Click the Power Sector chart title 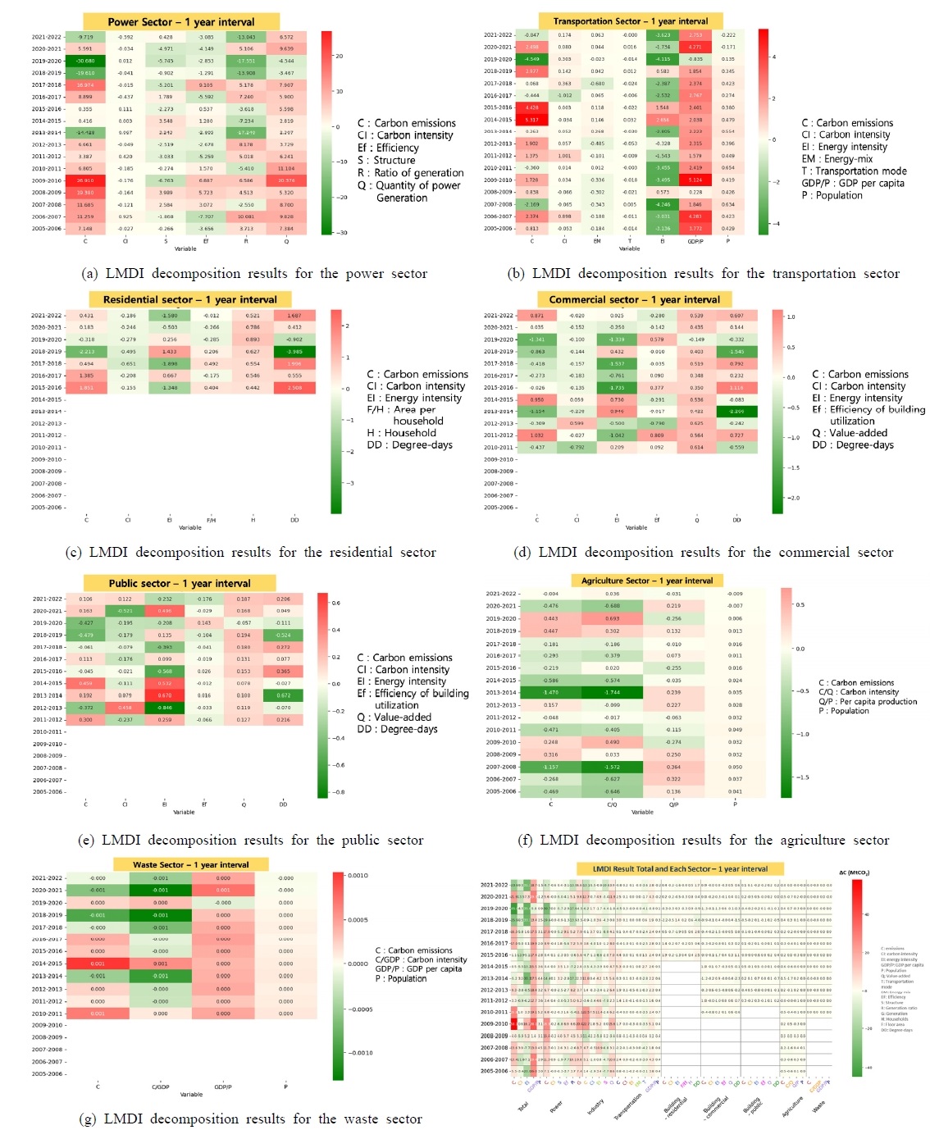[181, 22]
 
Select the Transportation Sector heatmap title [631, 21]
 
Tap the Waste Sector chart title [191, 864]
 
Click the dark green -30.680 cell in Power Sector [85, 61]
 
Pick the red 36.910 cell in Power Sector [85, 180]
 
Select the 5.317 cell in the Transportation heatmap [531, 120]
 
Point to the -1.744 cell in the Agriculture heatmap [612, 692]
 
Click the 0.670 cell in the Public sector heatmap [165, 695]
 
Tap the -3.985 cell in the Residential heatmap [294, 352]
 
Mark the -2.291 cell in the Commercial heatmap [736, 412]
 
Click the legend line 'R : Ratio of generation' [411, 173]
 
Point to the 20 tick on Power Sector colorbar [338, 56]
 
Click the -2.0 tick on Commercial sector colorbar [793, 498]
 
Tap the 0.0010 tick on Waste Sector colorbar [358, 876]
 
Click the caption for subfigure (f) [703, 840]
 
